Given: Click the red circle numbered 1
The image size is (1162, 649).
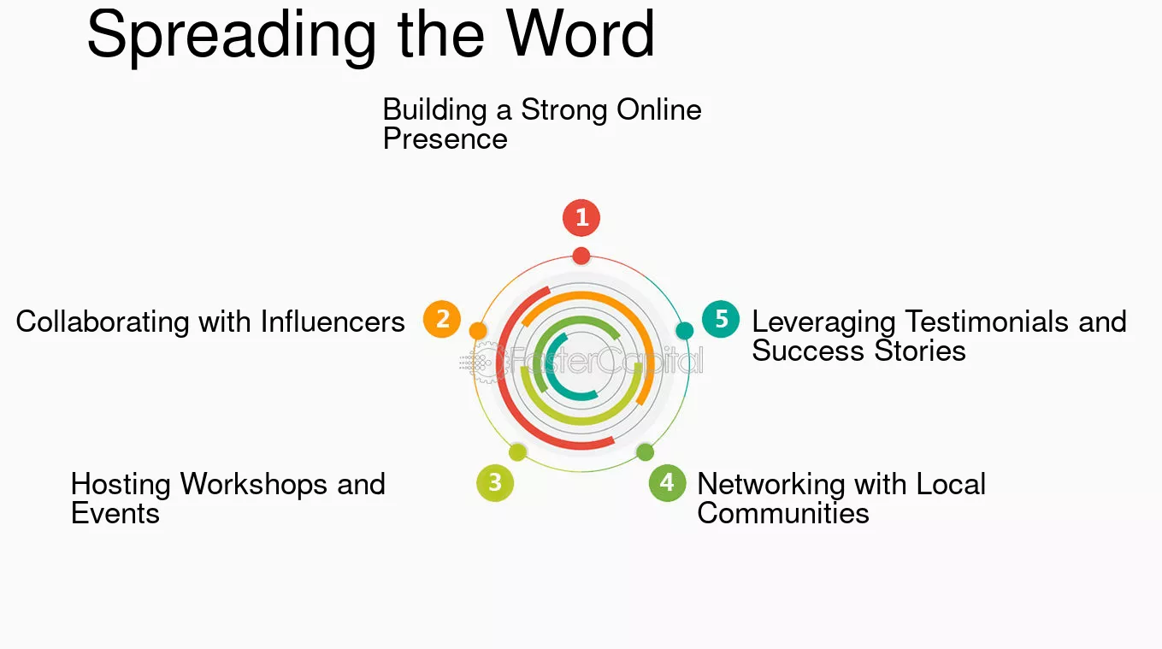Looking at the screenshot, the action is tap(581, 217).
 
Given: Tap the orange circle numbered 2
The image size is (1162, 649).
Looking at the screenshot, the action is tap(442, 319).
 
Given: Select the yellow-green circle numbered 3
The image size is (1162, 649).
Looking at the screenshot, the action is tap(495, 483).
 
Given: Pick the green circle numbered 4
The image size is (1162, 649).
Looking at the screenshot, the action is tap(667, 483).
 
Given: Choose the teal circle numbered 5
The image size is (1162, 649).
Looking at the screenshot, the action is tap(721, 319).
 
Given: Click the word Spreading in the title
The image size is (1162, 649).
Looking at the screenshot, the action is tap(232, 36).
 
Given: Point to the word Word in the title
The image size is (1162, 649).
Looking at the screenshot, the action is tap(580, 33).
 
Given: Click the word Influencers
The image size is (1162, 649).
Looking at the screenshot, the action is tap(333, 322).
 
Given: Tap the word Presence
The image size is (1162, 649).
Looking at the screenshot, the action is tap(445, 139).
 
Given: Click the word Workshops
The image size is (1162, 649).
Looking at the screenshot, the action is tap(254, 484).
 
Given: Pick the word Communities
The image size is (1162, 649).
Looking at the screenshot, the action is tap(783, 513).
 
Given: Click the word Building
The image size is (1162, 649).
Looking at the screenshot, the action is tap(434, 110).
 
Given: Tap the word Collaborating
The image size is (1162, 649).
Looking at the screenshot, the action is tap(103, 322).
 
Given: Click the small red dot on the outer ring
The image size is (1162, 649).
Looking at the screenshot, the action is tap(581, 256).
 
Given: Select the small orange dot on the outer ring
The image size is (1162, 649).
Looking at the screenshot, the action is tap(478, 330).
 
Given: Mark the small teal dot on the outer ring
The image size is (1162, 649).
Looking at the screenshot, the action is tap(685, 330).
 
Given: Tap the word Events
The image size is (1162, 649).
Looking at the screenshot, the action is tap(115, 513).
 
